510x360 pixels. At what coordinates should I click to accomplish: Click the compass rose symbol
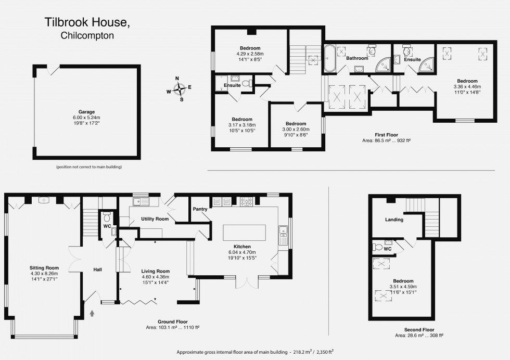178,89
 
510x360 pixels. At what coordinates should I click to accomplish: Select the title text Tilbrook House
85,23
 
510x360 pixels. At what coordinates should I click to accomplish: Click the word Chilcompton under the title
87,36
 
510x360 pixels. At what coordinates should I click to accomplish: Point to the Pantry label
200,209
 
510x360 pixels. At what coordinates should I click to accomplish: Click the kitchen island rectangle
244,232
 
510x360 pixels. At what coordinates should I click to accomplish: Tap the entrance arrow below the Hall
93,313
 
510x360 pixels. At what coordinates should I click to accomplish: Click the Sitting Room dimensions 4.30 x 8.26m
44,273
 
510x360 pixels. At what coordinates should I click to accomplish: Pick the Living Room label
156,271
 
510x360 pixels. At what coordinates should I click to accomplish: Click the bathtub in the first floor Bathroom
329,58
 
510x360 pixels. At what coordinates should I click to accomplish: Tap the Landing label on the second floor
394,220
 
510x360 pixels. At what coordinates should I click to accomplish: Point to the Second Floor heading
419,330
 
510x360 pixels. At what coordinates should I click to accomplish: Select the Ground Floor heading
173,322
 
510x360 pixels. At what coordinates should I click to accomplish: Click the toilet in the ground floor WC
107,216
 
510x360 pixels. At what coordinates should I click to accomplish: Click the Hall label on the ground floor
97,269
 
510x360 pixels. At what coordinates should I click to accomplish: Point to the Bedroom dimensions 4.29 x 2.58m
250,54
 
